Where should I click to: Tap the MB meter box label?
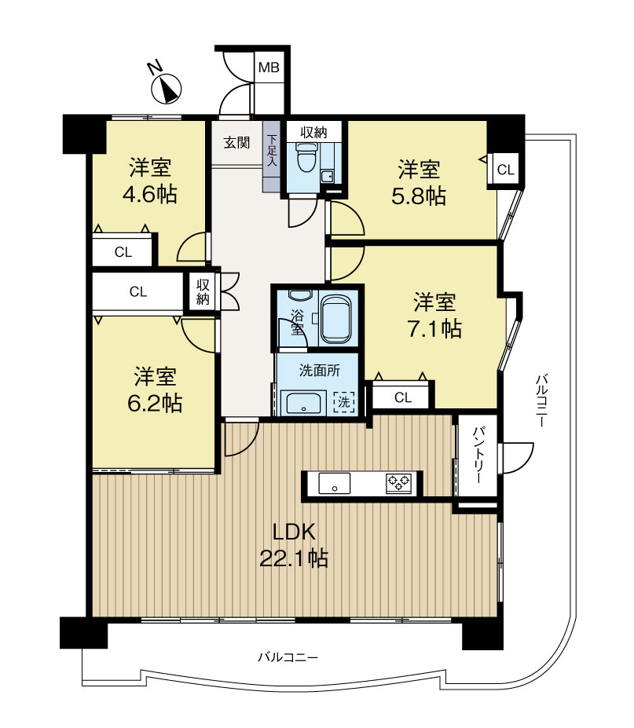(269, 68)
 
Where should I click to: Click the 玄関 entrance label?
(237, 142)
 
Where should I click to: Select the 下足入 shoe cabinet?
(272, 156)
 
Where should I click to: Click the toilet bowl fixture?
(305, 157)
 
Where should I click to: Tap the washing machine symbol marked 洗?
(343, 401)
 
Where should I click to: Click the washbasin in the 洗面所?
(303, 403)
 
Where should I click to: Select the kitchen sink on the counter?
(334, 483)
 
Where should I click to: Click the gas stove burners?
(399, 483)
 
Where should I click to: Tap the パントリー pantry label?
(478, 455)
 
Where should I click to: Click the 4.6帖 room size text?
(149, 195)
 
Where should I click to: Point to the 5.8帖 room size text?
(419, 196)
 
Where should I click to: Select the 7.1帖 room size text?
(434, 329)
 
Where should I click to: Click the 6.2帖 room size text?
(155, 403)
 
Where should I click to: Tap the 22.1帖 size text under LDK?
(294, 558)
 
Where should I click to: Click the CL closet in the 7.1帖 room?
(403, 397)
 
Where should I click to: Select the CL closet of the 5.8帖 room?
(506, 170)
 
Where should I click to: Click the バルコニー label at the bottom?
(288, 657)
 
